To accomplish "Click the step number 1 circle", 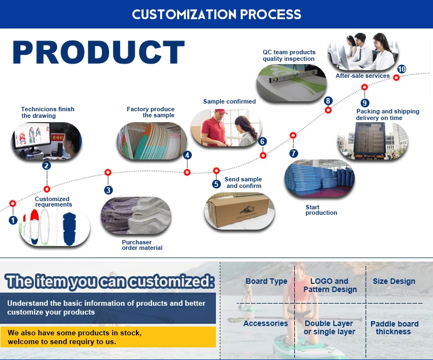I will pyautogui.click(x=13, y=220).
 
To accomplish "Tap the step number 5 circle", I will pyautogui.click(x=216, y=184).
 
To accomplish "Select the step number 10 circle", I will pyautogui.click(x=402, y=69).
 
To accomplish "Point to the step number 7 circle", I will pyautogui.click(x=294, y=153).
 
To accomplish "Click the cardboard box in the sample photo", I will pyautogui.click(x=238, y=212).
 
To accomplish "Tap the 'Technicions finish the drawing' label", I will pyautogui.click(x=48, y=112).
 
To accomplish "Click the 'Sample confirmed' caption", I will pyautogui.click(x=229, y=101).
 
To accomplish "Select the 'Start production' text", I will pyautogui.click(x=321, y=210).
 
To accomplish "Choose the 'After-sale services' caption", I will pyautogui.click(x=362, y=76).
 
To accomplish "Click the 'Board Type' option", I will pyautogui.click(x=266, y=281).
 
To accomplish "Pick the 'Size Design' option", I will pyautogui.click(x=394, y=281).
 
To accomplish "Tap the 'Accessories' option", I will pyautogui.click(x=266, y=323).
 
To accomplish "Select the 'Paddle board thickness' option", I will pyautogui.click(x=394, y=328).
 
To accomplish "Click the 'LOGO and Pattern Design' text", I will pyautogui.click(x=329, y=285).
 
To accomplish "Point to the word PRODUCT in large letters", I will pyautogui.click(x=99, y=53).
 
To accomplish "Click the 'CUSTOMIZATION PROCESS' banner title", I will pyautogui.click(x=216, y=14).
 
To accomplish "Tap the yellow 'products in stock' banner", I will pyautogui.click(x=108, y=337).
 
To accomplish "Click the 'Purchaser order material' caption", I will pyautogui.click(x=142, y=245).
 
